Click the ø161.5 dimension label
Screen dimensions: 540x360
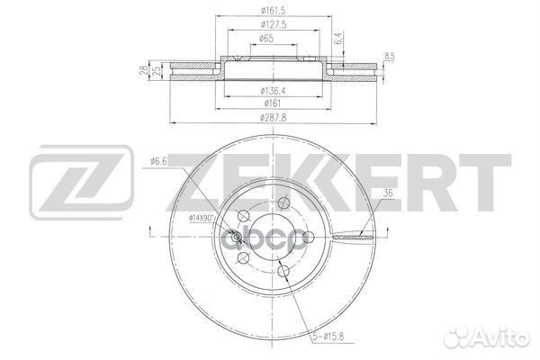[274, 11]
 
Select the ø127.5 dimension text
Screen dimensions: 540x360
[274, 25]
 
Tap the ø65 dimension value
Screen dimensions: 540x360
[266, 38]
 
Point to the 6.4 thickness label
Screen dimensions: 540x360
[338, 38]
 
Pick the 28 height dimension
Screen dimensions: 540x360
[144, 71]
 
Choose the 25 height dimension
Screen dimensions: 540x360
[157, 71]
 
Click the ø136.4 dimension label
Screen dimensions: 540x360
[274, 91]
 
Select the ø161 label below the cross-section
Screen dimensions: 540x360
[273, 103]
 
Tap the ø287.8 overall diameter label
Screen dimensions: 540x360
[273, 118]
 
